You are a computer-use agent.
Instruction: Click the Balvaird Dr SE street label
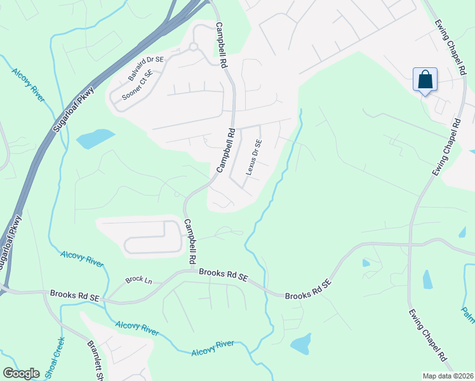[x=145, y=68]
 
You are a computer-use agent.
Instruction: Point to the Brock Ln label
[x=139, y=279]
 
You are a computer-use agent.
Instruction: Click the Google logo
[x=21, y=373]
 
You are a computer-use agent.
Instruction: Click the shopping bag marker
[x=425, y=80]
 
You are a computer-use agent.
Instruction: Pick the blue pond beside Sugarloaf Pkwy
[x=95, y=137]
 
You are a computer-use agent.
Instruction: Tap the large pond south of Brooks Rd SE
[x=300, y=344]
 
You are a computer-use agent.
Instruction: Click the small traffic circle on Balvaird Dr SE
[x=193, y=47]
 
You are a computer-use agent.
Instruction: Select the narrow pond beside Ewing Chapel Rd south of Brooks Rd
[x=427, y=279]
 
